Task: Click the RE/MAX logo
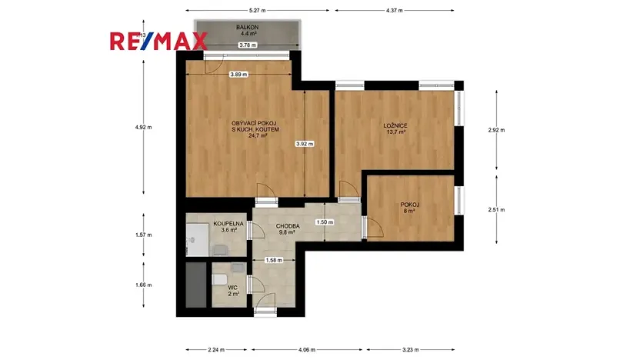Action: click(158, 41)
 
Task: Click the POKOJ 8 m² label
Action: click(409, 207)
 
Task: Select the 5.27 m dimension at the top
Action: click(257, 11)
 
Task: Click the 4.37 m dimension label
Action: click(395, 11)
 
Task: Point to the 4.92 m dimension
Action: click(143, 128)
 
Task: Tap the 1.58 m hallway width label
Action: click(272, 260)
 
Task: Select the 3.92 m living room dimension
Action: click(305, 143)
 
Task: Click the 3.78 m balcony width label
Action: click(248, 45)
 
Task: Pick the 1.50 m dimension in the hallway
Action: click(325, 223)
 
